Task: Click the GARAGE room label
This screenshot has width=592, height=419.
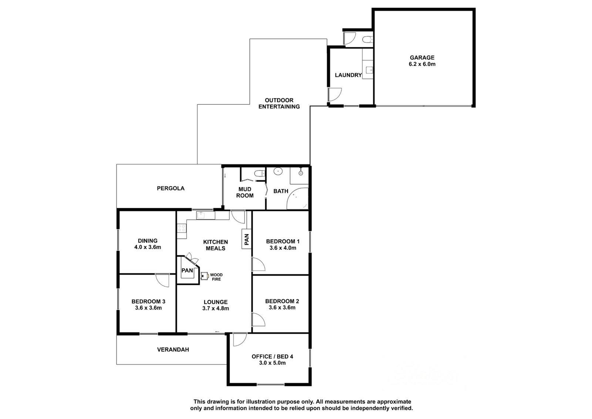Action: click(x=422, y=57)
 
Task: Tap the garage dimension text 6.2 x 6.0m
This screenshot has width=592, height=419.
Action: click(x=422, y=64)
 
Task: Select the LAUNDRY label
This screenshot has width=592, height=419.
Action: click(x=348, y=75)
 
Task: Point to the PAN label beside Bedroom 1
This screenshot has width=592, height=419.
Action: click(x=246, y=239)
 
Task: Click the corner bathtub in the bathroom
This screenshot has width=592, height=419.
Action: click(x=298, y=198)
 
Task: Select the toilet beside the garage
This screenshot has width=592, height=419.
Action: click(x=367, y=40)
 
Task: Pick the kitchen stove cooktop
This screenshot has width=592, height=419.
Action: click(x=182, y=228)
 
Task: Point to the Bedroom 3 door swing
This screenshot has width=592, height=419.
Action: click(x=162, y=280)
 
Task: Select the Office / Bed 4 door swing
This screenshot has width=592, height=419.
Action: click(x=240, y=339)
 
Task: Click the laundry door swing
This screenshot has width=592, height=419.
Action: click(x=335, y=95)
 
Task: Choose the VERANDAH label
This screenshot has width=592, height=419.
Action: click(x=173, y=349)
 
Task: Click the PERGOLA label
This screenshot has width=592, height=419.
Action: click(x=171, y=188)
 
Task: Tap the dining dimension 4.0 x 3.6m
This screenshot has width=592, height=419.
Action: click(x=148, y=247)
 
